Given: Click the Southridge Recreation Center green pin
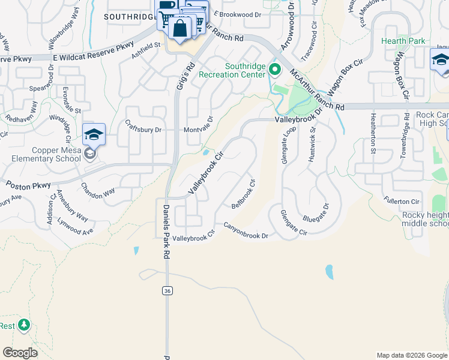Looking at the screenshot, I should point(275,70).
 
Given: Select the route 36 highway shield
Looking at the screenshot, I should point(167,290).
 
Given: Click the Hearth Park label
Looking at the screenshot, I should point(403,41).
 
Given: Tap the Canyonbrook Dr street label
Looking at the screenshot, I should point(246,231).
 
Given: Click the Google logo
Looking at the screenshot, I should point(20,353).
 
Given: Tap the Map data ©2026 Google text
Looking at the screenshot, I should point(411,355).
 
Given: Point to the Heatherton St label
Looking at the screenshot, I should point(373,134).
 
